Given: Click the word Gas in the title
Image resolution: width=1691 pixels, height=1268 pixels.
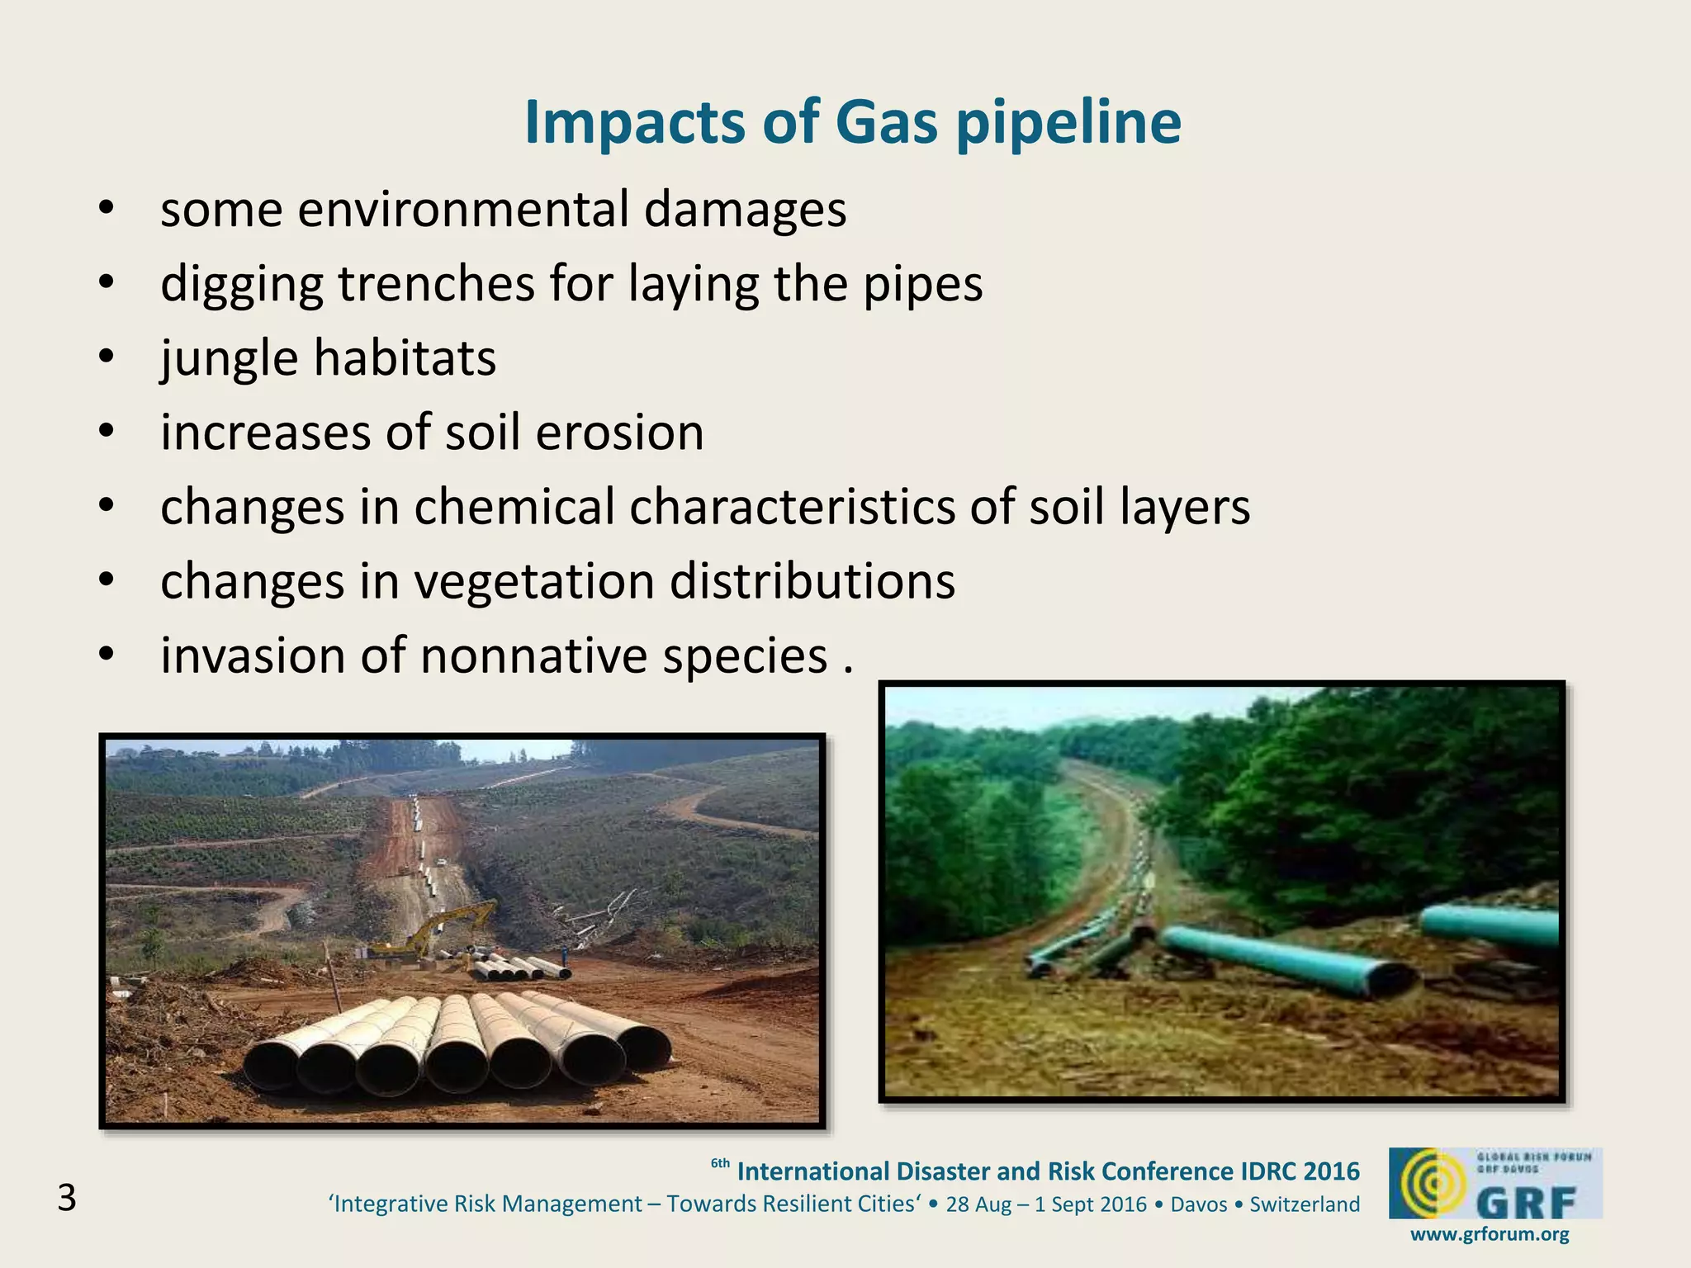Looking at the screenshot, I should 886,123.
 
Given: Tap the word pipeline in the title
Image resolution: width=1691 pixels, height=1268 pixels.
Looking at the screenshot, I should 1068,123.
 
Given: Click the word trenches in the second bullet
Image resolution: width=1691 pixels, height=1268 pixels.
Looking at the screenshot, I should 436,284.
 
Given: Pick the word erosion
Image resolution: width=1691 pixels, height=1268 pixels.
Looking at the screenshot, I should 619,433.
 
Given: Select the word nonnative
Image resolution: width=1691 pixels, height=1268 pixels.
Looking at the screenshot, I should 534,656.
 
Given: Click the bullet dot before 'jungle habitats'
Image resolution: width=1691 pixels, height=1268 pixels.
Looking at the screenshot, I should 105,357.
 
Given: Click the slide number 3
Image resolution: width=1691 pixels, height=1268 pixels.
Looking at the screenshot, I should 67,1198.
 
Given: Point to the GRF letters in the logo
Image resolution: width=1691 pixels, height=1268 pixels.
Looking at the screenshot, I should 1526,1204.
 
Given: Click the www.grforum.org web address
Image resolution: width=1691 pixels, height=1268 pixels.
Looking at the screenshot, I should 1490,1235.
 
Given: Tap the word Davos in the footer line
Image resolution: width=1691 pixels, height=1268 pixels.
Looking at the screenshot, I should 1199,1204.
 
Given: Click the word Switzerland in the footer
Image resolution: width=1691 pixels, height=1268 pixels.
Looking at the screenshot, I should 1305,1204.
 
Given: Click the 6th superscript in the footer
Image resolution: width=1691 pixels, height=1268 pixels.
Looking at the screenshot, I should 720,1163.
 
